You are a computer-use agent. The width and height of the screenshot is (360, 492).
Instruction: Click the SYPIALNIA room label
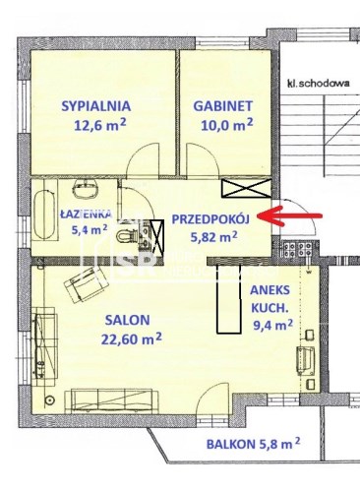pos(96,106)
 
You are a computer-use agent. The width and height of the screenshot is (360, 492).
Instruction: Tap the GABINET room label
pos(223,106)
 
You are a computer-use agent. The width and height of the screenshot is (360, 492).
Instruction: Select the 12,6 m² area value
pos(100,125)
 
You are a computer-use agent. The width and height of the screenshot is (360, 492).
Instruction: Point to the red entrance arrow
pos(289,215)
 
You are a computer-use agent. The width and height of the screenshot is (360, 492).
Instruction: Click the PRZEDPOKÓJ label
pos(210,218)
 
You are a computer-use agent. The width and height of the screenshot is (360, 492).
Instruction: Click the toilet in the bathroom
pos(127,236)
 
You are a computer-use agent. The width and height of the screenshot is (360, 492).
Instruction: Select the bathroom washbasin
pos(86,189)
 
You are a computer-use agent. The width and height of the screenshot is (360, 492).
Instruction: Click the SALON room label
pos(128,320)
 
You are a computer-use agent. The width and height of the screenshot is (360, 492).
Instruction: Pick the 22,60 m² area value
pos(132,338)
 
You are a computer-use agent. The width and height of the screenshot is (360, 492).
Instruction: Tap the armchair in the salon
pos(87,284)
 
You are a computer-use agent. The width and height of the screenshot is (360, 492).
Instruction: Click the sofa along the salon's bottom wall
pos(112,400)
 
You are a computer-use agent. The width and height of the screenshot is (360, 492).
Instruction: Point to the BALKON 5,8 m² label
pos(253,444)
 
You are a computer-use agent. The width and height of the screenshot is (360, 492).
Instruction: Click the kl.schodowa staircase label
pos(318,84)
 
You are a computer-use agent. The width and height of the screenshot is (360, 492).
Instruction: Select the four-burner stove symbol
pos(298,249)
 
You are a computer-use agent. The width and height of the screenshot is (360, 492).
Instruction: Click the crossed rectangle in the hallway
pos(247,189)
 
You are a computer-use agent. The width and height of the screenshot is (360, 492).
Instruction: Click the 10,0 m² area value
pos(227,125)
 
